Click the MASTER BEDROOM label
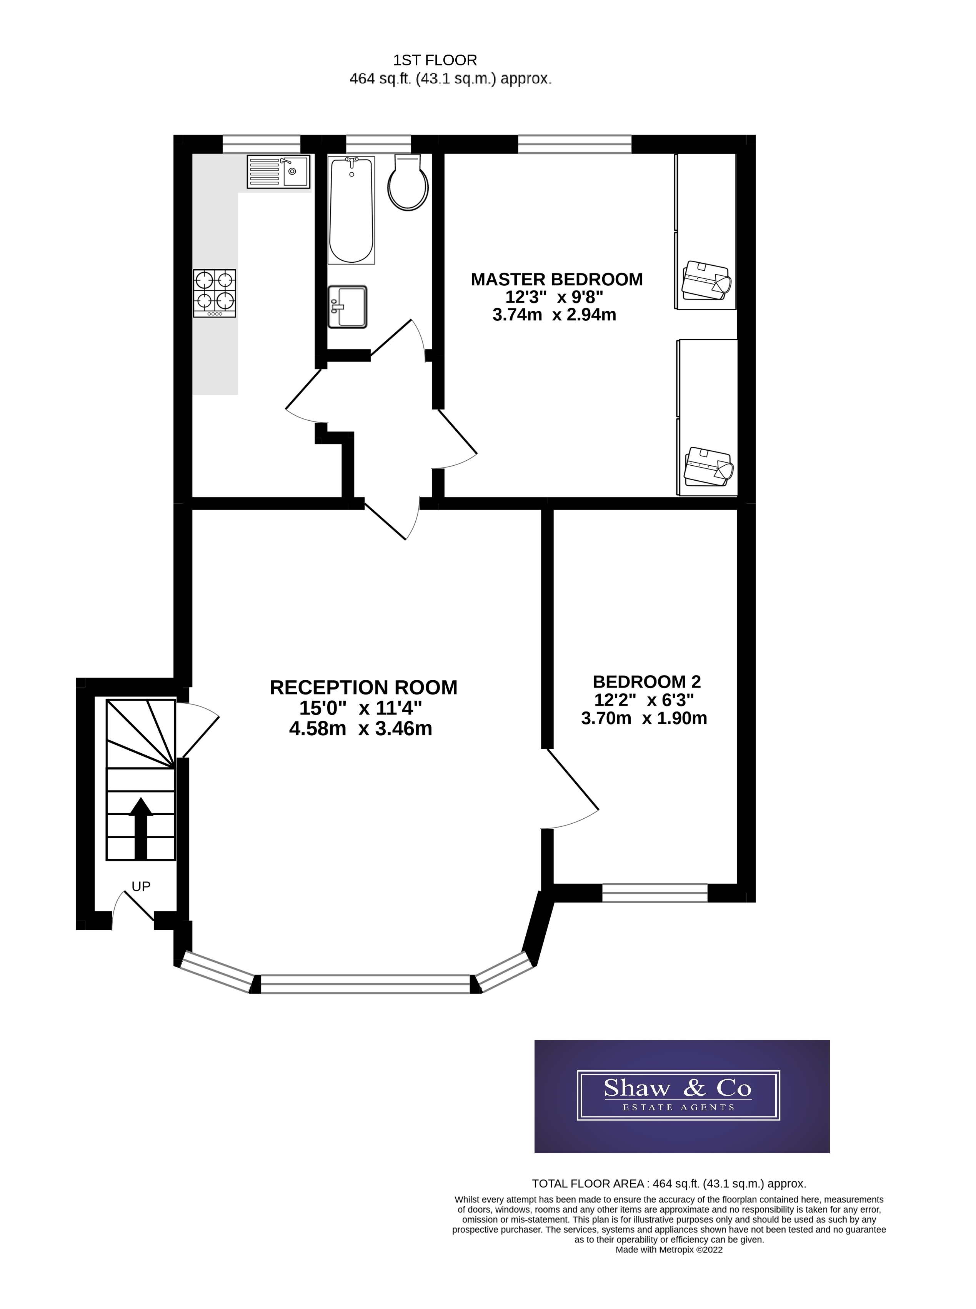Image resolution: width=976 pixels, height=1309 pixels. [556, 280]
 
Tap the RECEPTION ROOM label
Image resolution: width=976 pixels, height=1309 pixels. [363, 688]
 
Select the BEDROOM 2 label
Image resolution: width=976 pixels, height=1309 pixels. [646, 682]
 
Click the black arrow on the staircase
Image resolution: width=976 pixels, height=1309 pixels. [141, 827]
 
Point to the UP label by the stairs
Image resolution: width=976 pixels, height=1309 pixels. [141, 886]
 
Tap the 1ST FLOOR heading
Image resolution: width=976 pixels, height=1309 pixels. [435, 60]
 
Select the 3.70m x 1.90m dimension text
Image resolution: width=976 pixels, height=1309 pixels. [644, 718]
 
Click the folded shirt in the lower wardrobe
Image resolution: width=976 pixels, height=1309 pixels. [708, 467]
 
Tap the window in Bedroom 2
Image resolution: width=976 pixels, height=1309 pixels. [655, 893]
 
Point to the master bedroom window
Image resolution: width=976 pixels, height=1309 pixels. [574, 144]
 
